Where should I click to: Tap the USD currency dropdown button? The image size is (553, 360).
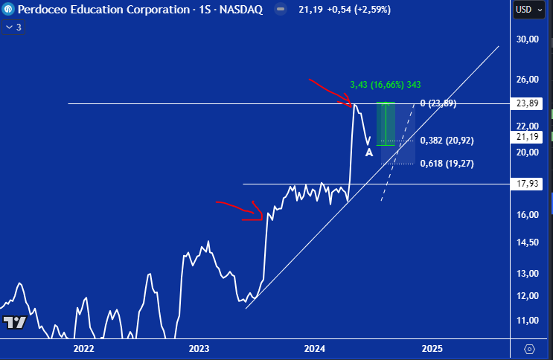526,10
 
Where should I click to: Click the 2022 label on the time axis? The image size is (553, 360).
83,348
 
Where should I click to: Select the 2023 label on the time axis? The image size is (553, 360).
199,348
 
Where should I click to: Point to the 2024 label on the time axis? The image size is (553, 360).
315,348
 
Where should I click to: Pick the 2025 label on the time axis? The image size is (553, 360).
432,348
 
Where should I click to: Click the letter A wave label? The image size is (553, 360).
368,153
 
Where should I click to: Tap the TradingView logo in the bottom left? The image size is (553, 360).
15,323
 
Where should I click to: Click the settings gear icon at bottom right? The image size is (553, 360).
529,348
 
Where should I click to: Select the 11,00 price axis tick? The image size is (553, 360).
527,321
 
